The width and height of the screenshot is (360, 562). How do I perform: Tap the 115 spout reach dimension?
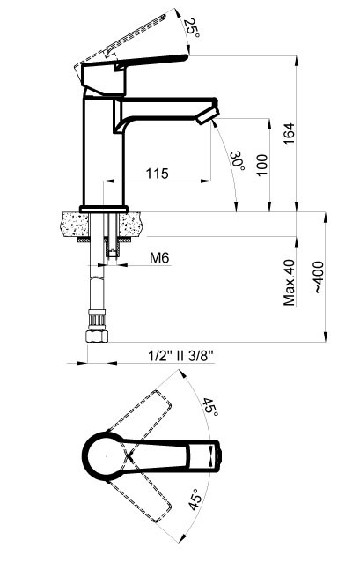point(157,174)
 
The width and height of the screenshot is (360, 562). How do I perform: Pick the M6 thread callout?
point(158,258)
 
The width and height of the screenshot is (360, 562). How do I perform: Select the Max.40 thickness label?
point(290,281)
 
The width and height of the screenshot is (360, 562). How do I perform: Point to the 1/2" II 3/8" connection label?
point(181,358)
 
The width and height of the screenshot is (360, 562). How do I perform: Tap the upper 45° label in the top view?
point(209,408)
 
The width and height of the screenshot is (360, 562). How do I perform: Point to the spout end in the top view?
point(212,457)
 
